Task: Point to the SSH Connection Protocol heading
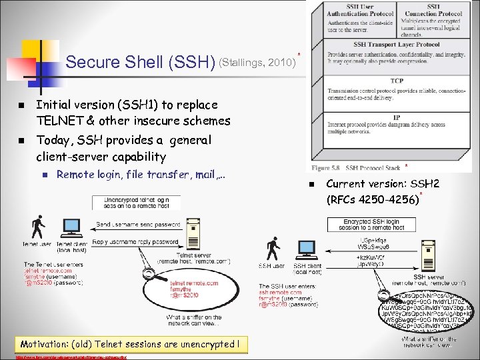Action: pos(433,10)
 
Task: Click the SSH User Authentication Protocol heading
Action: pos(359,10)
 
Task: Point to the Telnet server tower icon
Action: pos(193,233)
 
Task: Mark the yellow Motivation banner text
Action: pos(129,344)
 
